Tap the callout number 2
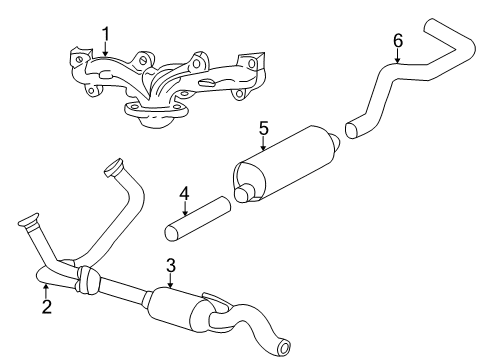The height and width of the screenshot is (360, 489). pos(46,307)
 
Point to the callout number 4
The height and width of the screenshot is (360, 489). pos(184,192)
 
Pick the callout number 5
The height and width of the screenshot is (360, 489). pos(264,128)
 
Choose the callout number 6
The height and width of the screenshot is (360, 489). pos(397,40)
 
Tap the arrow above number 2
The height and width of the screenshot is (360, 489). pos(46,291)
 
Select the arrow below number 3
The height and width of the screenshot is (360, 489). pos(171,282)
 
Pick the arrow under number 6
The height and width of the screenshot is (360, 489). pos(397,58)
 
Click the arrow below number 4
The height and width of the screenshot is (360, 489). pos(184,208)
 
